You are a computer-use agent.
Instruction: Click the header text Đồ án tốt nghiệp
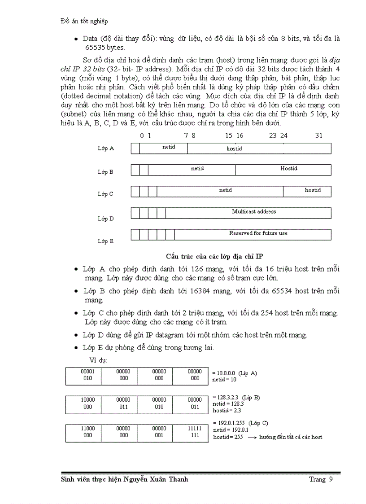coord(84,21)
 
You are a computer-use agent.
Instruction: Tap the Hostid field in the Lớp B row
coord(283,170)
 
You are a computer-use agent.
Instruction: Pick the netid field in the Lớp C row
coord(220,191)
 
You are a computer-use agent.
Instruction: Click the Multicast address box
coord(248,213)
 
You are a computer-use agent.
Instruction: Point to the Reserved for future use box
coord(248,234)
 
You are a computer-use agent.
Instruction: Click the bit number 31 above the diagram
coord(318,135)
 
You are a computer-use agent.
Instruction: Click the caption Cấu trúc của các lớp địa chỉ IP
coord(214,256)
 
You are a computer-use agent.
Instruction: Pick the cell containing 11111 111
coord(195,432)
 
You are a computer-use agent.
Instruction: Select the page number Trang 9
coord(321,479)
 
